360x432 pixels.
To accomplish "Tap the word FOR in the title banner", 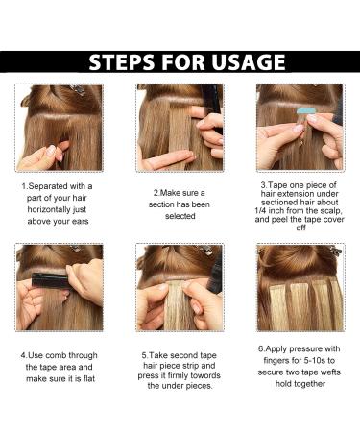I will click(x=189, y=63).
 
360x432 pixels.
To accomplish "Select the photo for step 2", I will click(x=180, y=127).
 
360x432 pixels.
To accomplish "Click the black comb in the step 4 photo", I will click(x=48, y=279).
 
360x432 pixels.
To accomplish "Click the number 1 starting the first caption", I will click(x=24, y=184).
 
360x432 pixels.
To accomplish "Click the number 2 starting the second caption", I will click(x=155, y=192).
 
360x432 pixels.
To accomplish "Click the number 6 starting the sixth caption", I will click(x=260, y=349).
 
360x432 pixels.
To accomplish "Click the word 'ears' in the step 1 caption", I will click(x=80, y=218).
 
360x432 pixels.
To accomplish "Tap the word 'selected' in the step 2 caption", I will click(x=180, y=215).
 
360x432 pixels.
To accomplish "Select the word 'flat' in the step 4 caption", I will click(x=88, y=378).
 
